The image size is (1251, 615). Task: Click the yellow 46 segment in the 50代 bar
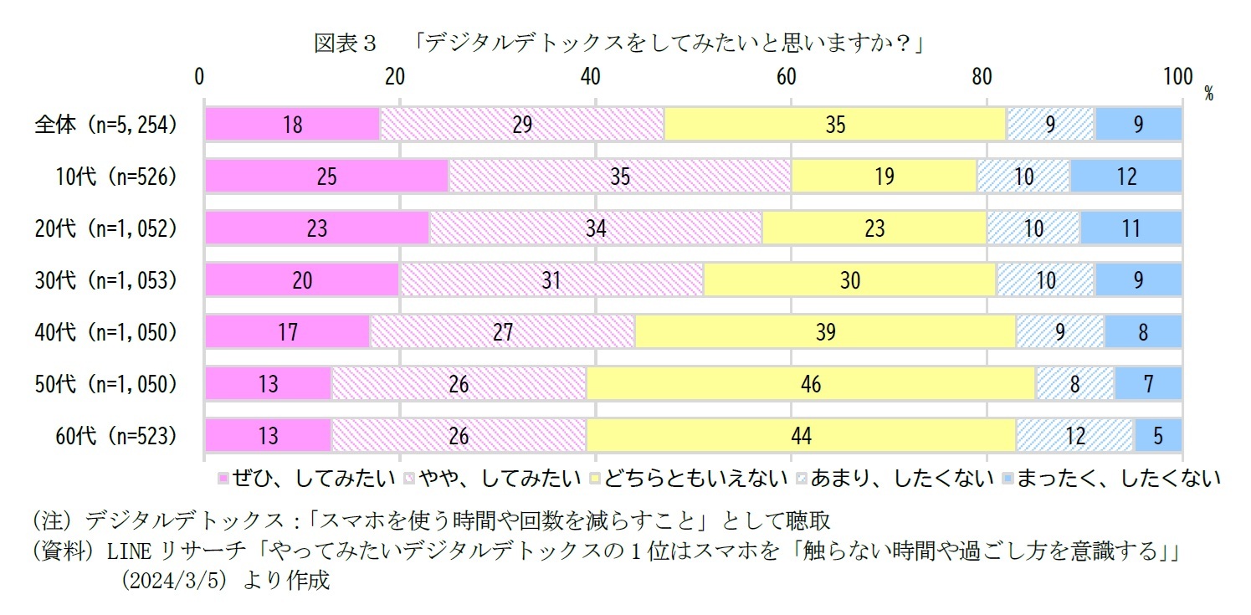click(x=810, y=384)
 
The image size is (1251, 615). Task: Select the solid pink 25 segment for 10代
click(x=326, y=177)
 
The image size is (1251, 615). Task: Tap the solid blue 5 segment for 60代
click(x=1157, y=436)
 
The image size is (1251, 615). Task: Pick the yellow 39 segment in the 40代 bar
click(x=824, y=332)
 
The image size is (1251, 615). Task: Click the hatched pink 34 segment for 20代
click(x=595, y=228)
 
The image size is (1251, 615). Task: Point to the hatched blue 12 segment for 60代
click(x=1074, y=436)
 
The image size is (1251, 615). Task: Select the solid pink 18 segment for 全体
click(x=292, y=125)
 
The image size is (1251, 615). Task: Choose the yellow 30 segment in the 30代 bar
click(x=849, y=280)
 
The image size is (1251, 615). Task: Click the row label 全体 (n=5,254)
click(x=106, y=125)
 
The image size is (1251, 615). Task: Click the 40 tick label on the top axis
click(x=591, y=76)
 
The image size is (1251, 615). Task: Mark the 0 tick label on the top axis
click(x=200, y=76)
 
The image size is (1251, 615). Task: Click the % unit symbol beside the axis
click(x=1208, y=94)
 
